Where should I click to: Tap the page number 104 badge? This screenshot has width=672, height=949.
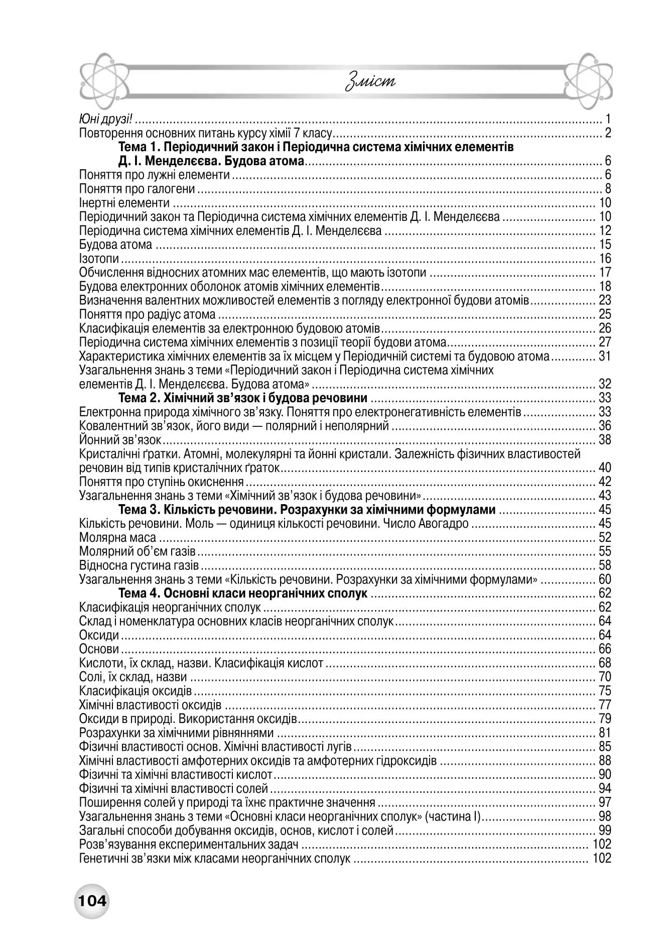click(92, 901)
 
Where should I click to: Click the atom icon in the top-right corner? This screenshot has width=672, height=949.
click(588, 80)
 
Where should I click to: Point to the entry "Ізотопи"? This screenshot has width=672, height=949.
click(99, 259)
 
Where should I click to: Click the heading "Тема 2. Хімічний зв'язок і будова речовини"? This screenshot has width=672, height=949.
click(242, 399)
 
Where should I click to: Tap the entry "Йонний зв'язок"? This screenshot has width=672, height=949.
click(120, 440)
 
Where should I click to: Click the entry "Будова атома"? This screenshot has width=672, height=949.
click(115, 245)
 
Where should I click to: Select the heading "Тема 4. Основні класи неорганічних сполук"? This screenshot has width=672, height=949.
click(242, 594)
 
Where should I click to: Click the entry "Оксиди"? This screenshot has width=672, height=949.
click(99, 636)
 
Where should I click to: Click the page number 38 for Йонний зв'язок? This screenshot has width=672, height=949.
click(604, 440)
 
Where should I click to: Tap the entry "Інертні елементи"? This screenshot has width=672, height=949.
click(124, 203)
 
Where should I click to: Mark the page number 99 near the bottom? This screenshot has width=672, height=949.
click(604, 831)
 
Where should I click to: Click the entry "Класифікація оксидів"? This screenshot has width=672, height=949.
click(136, 691)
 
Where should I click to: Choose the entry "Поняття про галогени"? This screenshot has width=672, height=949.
click(137, 189)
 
